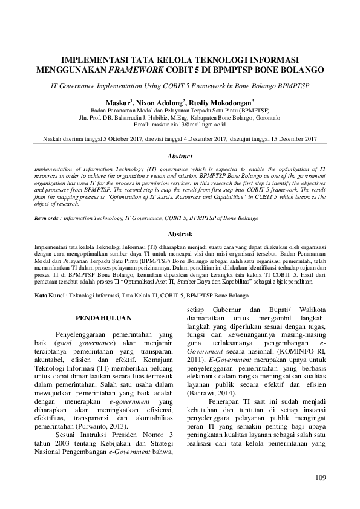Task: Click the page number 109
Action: (x=321, y=479)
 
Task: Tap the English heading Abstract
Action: (x=180, y=156)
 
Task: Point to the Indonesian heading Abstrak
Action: (x=180, y=233)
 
